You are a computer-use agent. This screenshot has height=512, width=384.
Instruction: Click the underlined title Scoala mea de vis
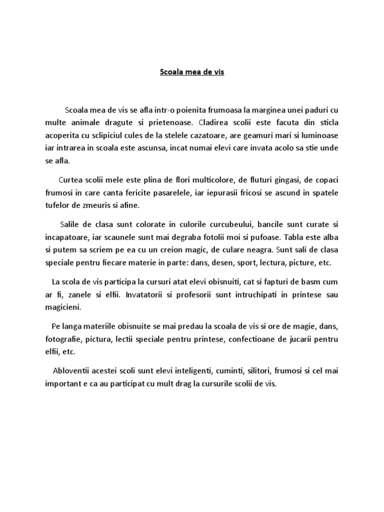click(192, 72)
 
